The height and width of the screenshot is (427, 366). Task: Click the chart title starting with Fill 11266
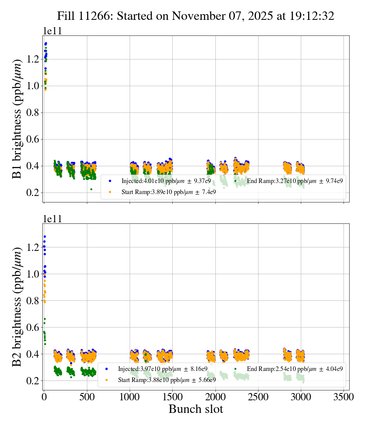click(x=196, y=16)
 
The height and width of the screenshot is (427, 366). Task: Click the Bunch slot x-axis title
click(x=196, y=409)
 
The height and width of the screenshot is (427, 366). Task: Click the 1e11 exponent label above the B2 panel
click(x=52, y=219)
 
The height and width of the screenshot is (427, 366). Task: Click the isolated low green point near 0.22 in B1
click(x=91, y=189)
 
